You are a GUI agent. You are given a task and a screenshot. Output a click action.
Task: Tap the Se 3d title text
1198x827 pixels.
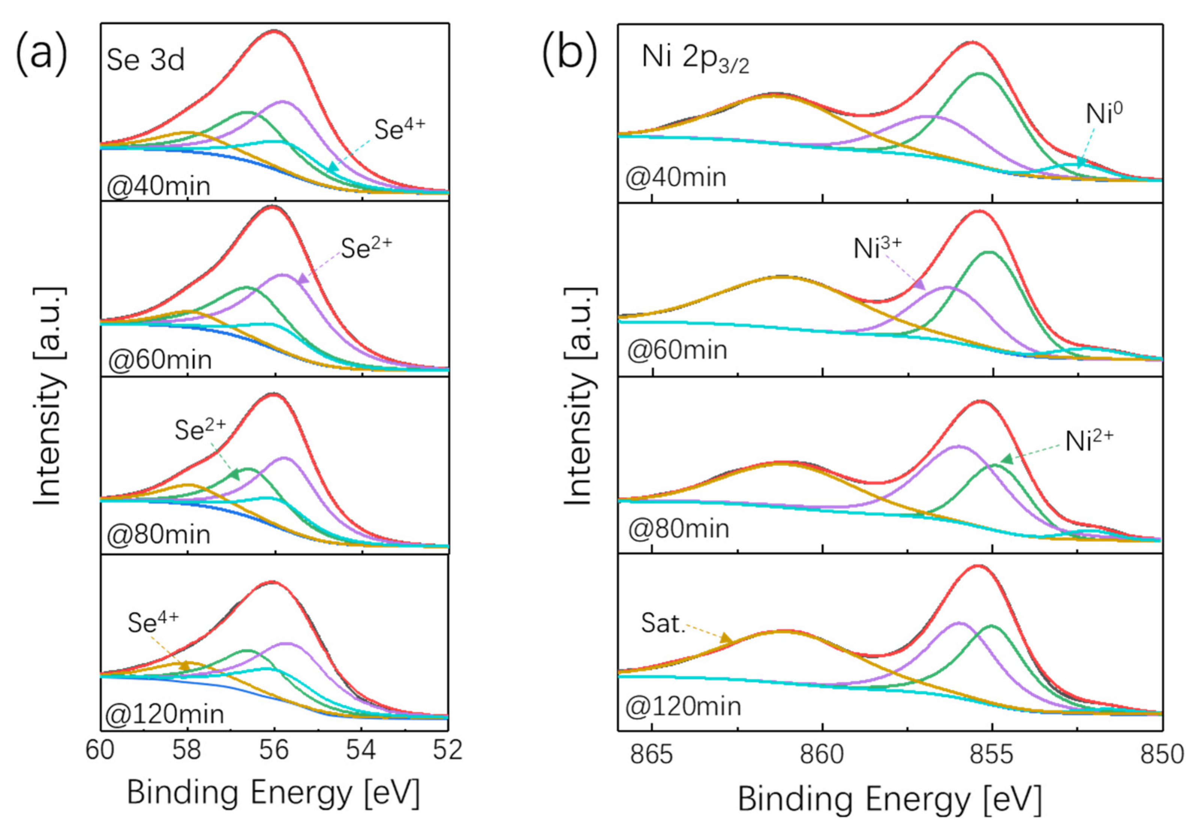tap(146, 61)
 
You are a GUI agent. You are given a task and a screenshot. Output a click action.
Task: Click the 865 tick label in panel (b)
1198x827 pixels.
tap(652, 754)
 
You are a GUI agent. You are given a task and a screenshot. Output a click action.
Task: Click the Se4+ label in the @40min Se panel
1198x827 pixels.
tap(399, 129)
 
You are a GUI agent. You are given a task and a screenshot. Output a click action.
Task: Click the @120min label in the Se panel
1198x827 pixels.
tap(165, 714)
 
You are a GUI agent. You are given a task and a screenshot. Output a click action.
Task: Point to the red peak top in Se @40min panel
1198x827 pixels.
tap(274, 31)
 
